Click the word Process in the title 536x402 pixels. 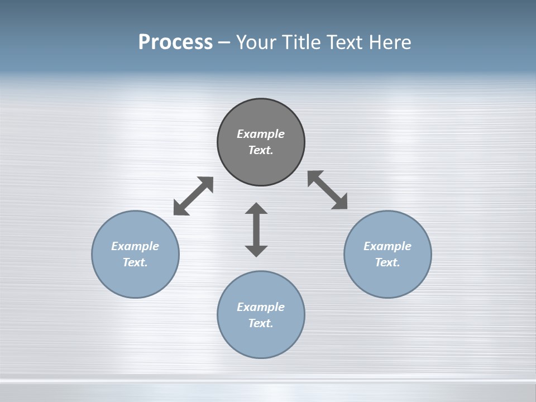(175, 42)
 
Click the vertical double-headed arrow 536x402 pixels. (256, 230)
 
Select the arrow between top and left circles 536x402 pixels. (193, 196)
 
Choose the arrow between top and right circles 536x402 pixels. (328, 190)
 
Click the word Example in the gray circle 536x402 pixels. (261, 134)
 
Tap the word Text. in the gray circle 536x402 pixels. (261, 150)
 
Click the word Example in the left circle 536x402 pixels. (135, 246)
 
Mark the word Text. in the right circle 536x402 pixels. (387, 262)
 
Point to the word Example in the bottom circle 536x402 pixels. (261, 307)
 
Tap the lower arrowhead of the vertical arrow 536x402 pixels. (256, 251)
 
